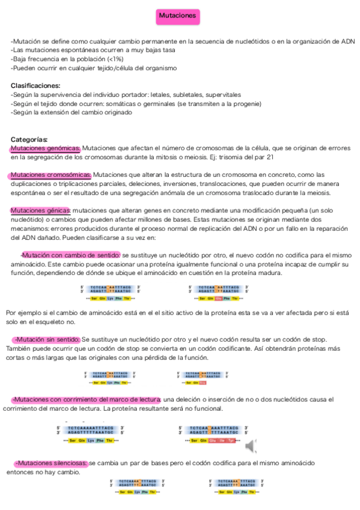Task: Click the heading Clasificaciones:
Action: [35, 85]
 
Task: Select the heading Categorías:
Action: [29, 140]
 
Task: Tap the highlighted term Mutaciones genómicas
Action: [45, 149]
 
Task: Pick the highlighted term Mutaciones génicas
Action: [40, 210]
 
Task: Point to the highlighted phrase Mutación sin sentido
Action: [48, 340]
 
